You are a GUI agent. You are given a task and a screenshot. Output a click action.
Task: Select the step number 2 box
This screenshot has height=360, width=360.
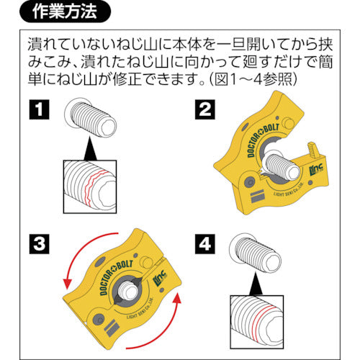[204, 112]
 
